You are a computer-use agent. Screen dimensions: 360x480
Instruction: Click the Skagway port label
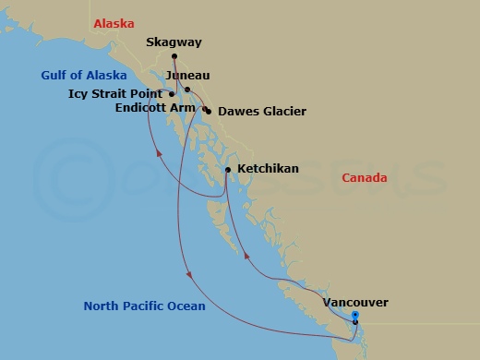(174, 42)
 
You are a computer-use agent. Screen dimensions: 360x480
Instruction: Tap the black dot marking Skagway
(174, 56)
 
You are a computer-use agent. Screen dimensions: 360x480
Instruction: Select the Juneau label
(189, 75)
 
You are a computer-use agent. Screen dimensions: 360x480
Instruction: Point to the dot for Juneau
(187, 90)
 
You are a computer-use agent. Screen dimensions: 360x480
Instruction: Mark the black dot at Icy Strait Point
(173, 93)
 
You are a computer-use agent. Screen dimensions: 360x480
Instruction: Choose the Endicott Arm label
(154, 108)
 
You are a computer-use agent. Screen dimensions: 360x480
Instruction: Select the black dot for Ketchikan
(228, 170)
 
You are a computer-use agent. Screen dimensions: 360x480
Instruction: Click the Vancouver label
(355, 302)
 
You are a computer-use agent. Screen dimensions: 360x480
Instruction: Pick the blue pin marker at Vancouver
(355, 317)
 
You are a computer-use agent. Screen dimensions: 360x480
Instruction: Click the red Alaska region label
(115, 22)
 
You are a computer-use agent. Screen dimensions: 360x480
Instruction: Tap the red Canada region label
(365, 177)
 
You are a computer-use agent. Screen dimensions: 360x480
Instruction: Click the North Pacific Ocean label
(144, 306)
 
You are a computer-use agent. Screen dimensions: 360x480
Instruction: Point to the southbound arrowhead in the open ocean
(188, 275)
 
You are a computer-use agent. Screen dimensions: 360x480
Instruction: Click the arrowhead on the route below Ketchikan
(246, 259)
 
